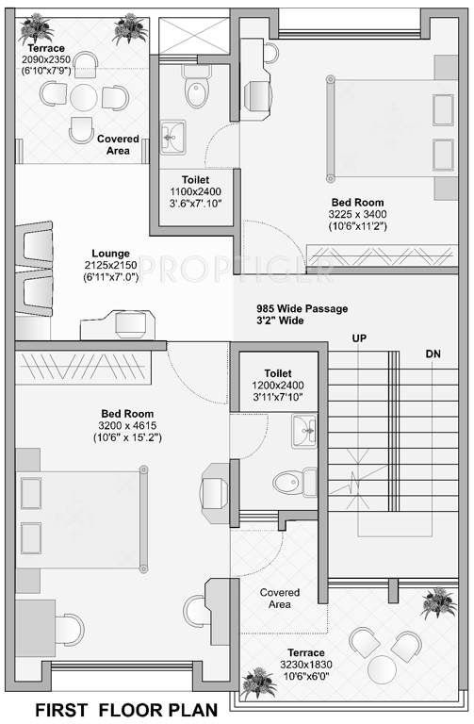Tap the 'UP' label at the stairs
pyautogui.click(x=359, y=337)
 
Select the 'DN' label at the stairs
pyautogui.click(x=433, y=354)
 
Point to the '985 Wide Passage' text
pyautogui.click(x=302, y=308)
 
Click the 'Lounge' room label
pyautogui.click(x=111, y=253)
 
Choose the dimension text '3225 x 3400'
pyautogui.click(x=357, y=214)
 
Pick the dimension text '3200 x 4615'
pyautogui.click(x=127, y=425)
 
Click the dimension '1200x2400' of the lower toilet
pyautogui.click(x=278, y=386)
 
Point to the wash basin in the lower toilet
pyautogui.click(x=304, y=432)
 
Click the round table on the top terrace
pyautogui.click(x=84, y=97)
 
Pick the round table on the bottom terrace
pyautogui.click(x=382, y=669)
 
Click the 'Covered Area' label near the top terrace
pyautogui.click(x=118, y=144)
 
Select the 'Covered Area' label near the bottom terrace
pyautogui.click(x=280, y=598)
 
